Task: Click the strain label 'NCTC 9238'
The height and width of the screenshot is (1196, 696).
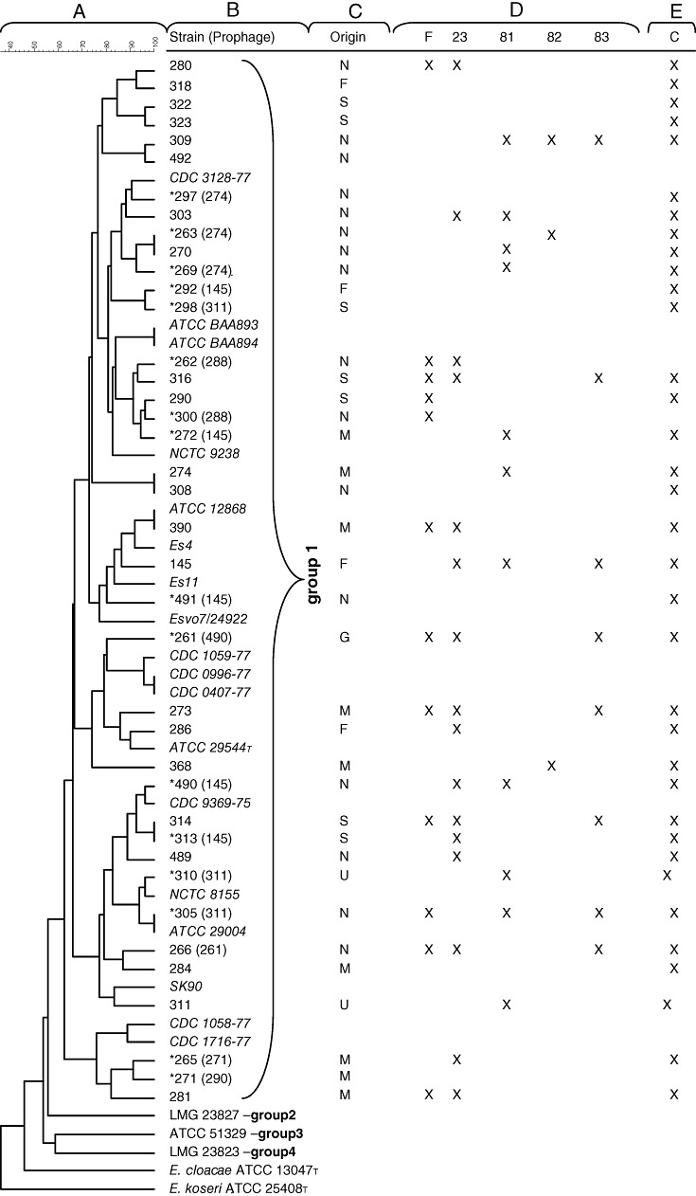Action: pos(199,453)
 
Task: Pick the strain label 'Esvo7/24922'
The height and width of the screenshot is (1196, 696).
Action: pos(204,619)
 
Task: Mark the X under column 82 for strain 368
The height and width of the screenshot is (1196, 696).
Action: pos(551,766)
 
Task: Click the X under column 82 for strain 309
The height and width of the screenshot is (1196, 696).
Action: pos(551,140)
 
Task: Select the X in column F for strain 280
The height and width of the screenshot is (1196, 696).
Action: pos(429,65)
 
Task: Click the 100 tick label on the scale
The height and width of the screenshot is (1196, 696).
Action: pos(154,43)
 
